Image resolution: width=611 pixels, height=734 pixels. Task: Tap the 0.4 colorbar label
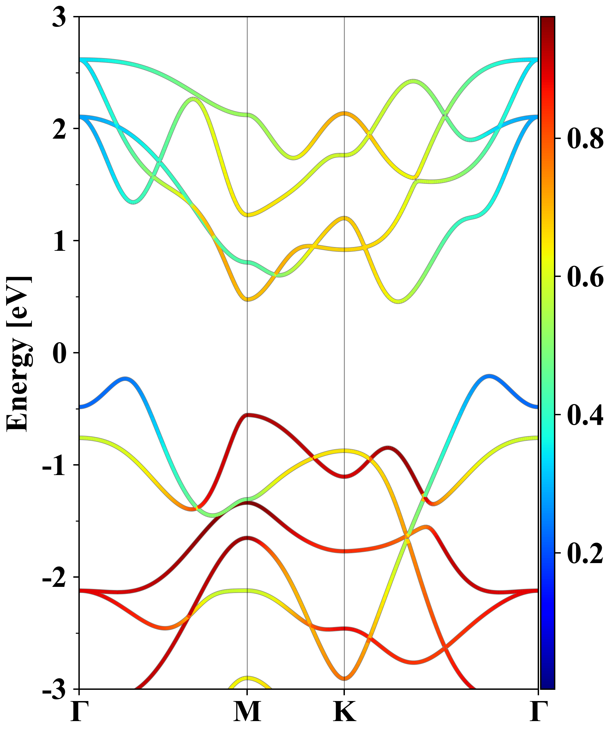pos(585,415)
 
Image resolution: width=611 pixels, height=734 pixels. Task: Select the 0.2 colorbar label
pos(585,553)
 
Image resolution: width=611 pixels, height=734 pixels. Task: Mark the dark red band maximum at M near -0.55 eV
pos(247,415)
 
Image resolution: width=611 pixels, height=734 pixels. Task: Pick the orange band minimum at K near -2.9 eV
pos(344,678)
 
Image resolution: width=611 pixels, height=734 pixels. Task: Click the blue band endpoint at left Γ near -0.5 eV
pos(80,407)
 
